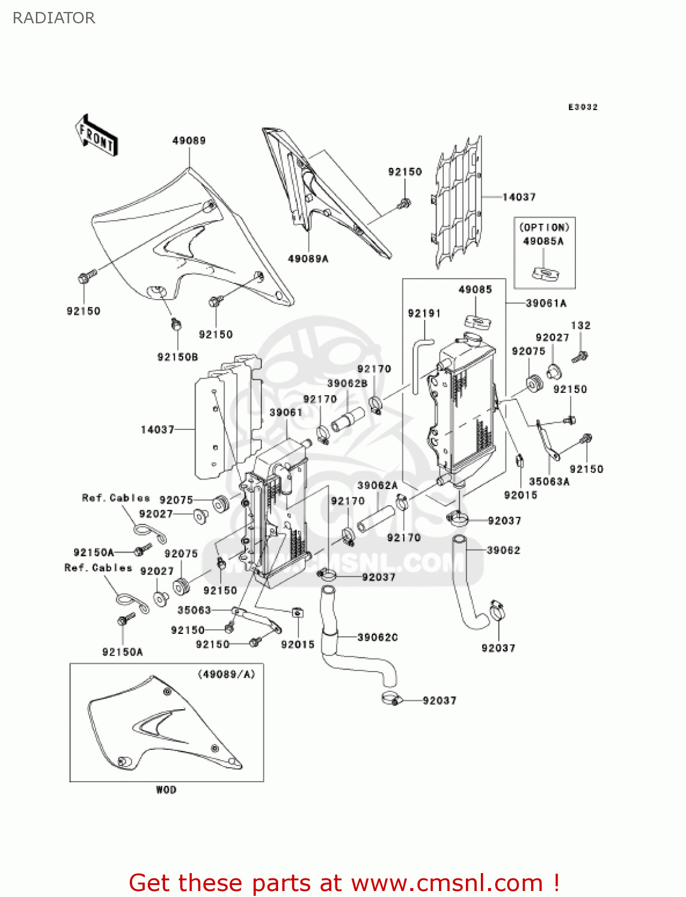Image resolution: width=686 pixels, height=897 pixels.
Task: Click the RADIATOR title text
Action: (x=54, y=18)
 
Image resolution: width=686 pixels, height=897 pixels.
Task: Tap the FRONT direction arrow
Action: (x=96, y=136)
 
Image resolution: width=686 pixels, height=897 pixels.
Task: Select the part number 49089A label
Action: (x=308, y=259)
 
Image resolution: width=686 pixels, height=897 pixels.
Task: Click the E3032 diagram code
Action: (x=583, y=107)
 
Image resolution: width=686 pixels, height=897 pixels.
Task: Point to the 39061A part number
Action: (x=545, y=303)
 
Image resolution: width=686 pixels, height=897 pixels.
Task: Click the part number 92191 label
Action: (x=424, y=313)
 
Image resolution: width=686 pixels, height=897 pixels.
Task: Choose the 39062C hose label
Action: (x=377, y=637)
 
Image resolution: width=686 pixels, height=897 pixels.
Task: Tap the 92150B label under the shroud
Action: (x=178, y=357)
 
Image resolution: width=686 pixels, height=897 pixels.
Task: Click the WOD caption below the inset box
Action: (x=166, y=790)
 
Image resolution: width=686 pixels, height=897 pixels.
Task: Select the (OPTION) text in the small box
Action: (x=544, y=227)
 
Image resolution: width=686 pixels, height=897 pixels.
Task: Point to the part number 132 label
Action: (x=580, y=325)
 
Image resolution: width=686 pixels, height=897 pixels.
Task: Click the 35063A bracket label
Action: (x=549, y=481)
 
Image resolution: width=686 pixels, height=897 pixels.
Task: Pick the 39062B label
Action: (x=347, y=383)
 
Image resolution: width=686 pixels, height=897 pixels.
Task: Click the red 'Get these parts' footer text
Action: (x=344, y=883)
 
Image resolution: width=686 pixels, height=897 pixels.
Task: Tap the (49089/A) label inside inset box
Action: (x=227, y=674)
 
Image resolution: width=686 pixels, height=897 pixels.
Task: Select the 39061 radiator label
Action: (x=286, y=413)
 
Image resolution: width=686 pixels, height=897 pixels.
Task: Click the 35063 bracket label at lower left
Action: (x=194, y=610)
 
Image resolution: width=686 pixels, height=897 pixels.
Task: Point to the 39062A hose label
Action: (x=377, y=486)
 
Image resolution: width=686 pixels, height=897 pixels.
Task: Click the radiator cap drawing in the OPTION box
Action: (x=545, y=274)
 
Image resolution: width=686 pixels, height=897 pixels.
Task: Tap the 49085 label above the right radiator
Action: (x=475, y=289)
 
